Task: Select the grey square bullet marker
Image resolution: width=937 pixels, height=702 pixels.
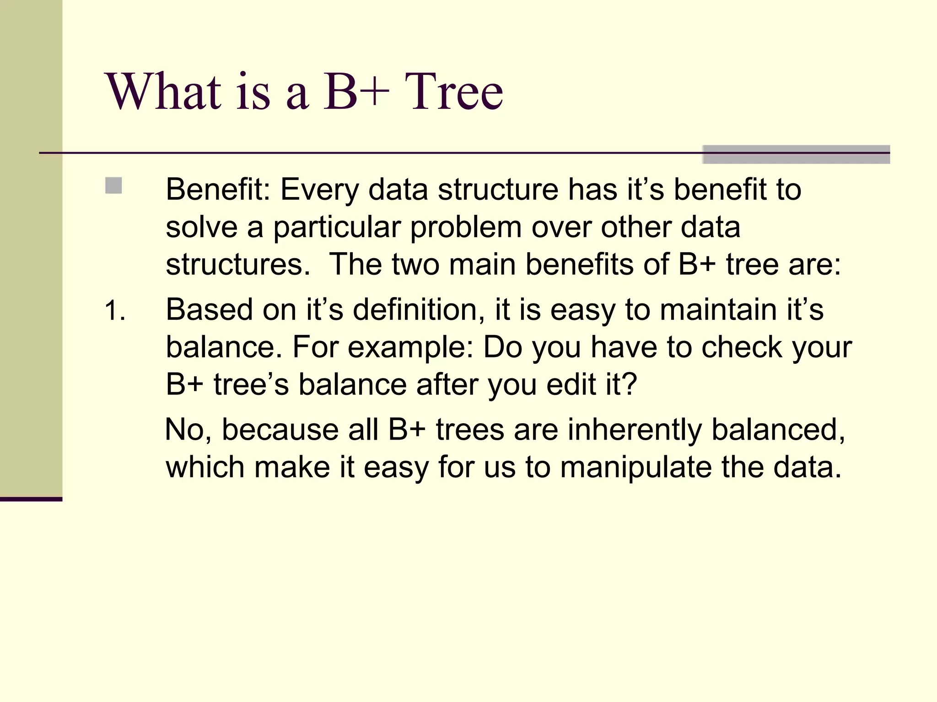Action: click(x=113, y=186)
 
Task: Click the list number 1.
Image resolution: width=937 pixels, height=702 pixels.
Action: click(x=114, y=311)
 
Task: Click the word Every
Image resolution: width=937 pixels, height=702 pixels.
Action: click(x=319, y=189)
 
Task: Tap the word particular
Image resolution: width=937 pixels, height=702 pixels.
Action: click(x=337, y=227)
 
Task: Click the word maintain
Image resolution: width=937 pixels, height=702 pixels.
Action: click(x=718, y=309)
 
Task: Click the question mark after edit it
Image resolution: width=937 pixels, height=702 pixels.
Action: click(x=630, y=384)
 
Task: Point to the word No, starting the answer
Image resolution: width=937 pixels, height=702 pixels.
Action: click(x=188, y=430)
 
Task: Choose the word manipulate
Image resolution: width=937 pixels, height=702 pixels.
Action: click(x=635, y=468)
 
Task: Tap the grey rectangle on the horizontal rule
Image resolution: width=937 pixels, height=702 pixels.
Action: click(x=796, y=154)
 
